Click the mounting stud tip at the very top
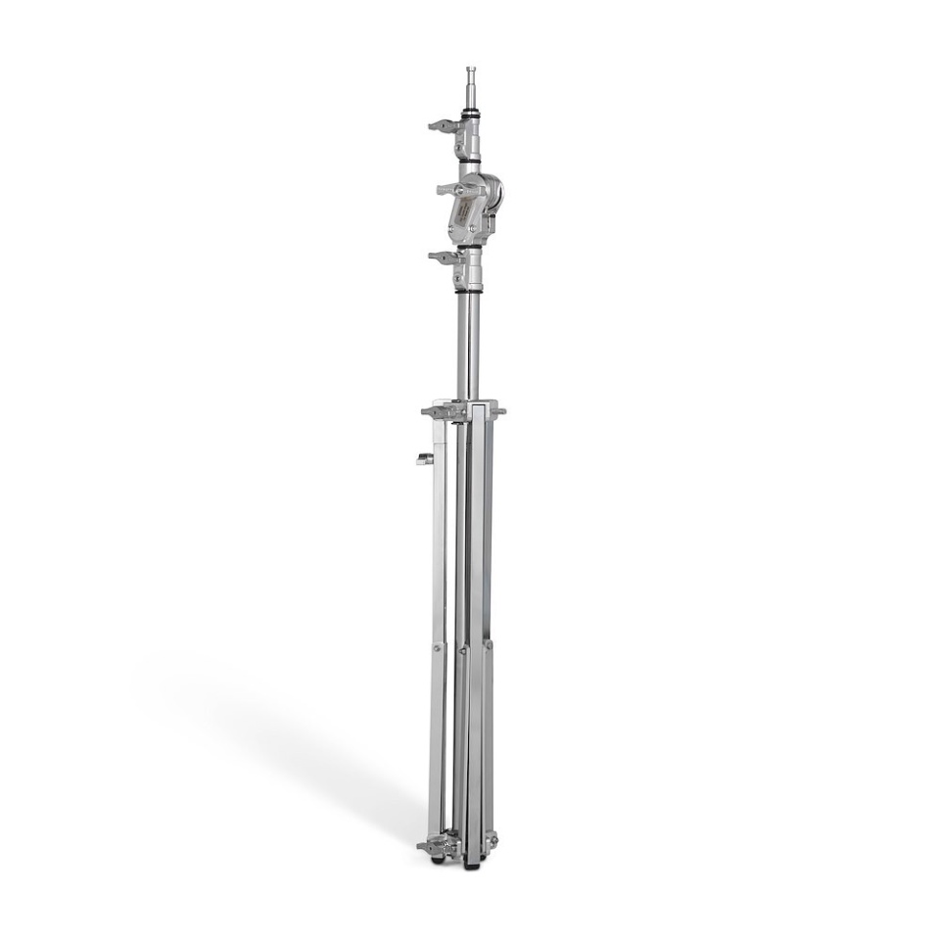pos(470,71)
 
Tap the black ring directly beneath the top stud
pos(471,115)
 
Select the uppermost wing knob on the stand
pos(442,125)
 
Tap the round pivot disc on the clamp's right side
pos(493,192)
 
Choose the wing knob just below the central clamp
pos(442,258)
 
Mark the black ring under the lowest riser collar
pos(470,290)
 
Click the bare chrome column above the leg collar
pos(470,343)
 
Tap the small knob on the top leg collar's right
pos(500,412)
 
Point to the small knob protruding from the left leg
pos(423,458)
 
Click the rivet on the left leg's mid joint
pos(438,647)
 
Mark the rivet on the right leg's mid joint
pos(488,645)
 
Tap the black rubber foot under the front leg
pos(474,865)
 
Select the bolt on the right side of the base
pos(492,839)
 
